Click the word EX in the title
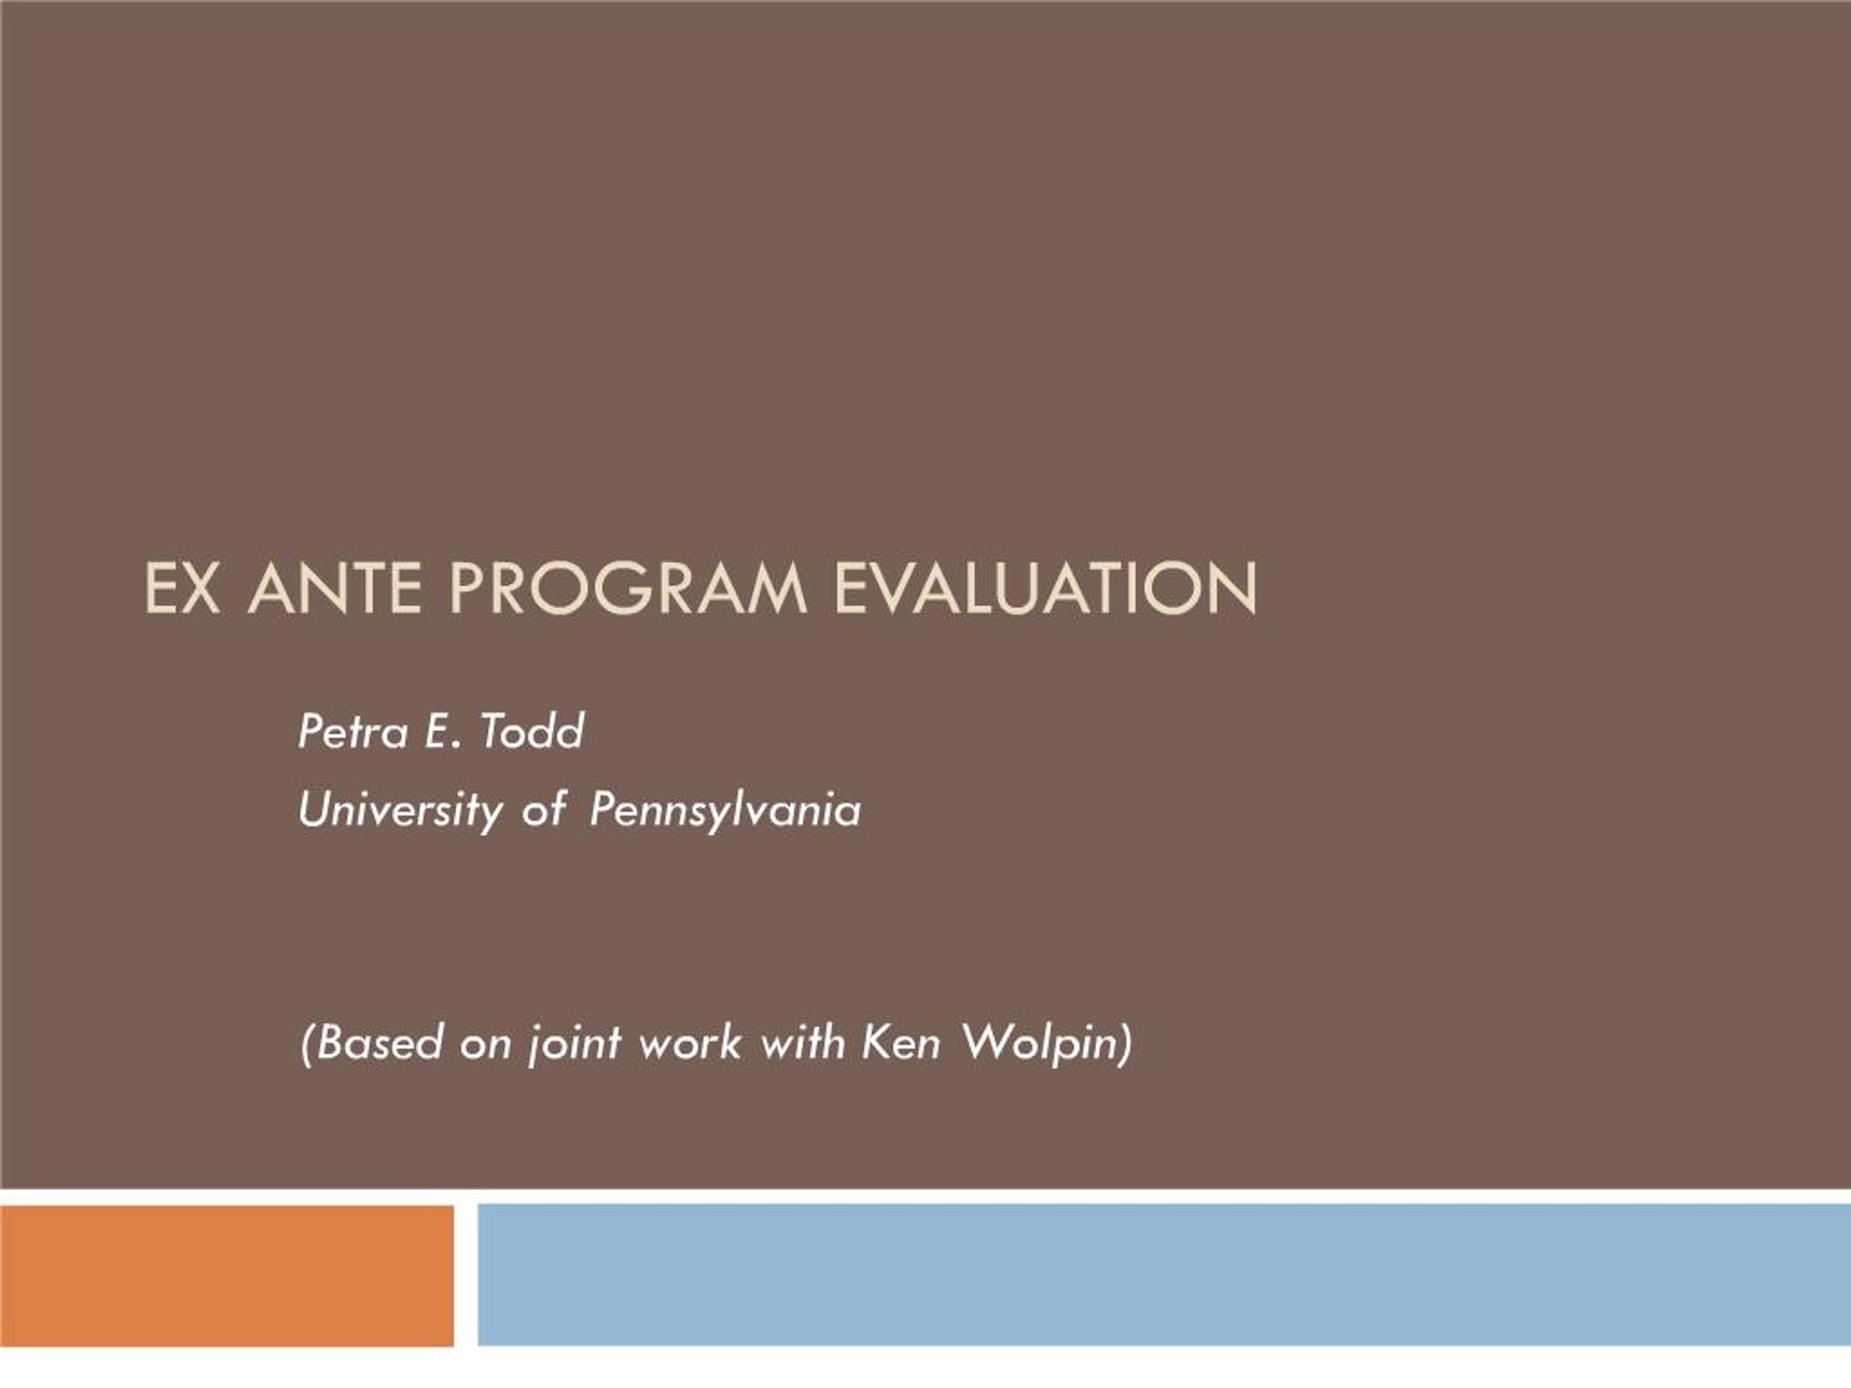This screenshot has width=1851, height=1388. [x=182, y=588]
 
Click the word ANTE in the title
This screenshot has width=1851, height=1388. [x=335, y=588]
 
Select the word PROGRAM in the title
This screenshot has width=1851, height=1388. [x=628, y=588]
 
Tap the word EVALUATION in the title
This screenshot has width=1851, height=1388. [x=1044, y=588]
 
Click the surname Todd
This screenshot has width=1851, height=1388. [x=532, y=732]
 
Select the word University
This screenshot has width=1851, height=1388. [x=401, y=810]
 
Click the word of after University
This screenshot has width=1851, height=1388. [x=544, y=810]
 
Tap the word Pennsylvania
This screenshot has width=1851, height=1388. [x=724, y=810]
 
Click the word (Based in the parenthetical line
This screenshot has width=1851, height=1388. [x=371, y=1043]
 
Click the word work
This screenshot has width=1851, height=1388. [x=691, y=1043]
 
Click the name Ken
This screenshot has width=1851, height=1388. [x=900, y=1043]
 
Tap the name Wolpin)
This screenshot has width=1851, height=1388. [x=1046, y=1043]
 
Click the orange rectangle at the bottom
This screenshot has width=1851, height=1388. [x=227, y=1275]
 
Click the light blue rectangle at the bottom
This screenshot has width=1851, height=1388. [x=1163, y=1275]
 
